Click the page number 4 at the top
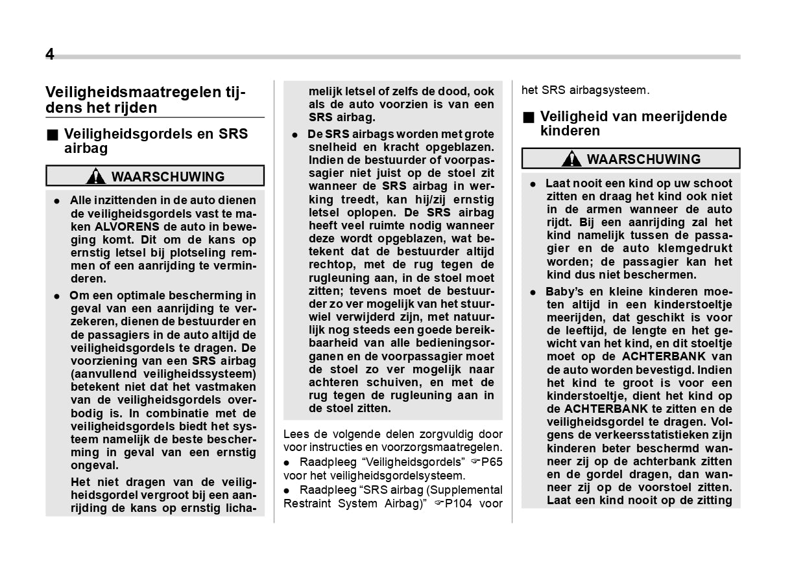pyautogui.click(x=50, y=55)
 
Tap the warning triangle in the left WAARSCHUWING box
pyautogui.click(x=95, y=176)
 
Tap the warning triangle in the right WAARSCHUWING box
pyautogui.click(x=571, y=159)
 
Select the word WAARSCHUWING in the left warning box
pyautogui.click(x=168, y=176)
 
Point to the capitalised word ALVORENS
pyautogui.click(x=128, y=227)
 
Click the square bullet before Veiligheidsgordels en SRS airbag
pyautogui.click(x=51, y=135)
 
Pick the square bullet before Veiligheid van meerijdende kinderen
pyautogui.click(x=528, y=117)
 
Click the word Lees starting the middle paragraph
pyautogui.click(x=296, y=434)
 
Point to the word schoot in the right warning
pyautogui.click(x=712, y=183)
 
